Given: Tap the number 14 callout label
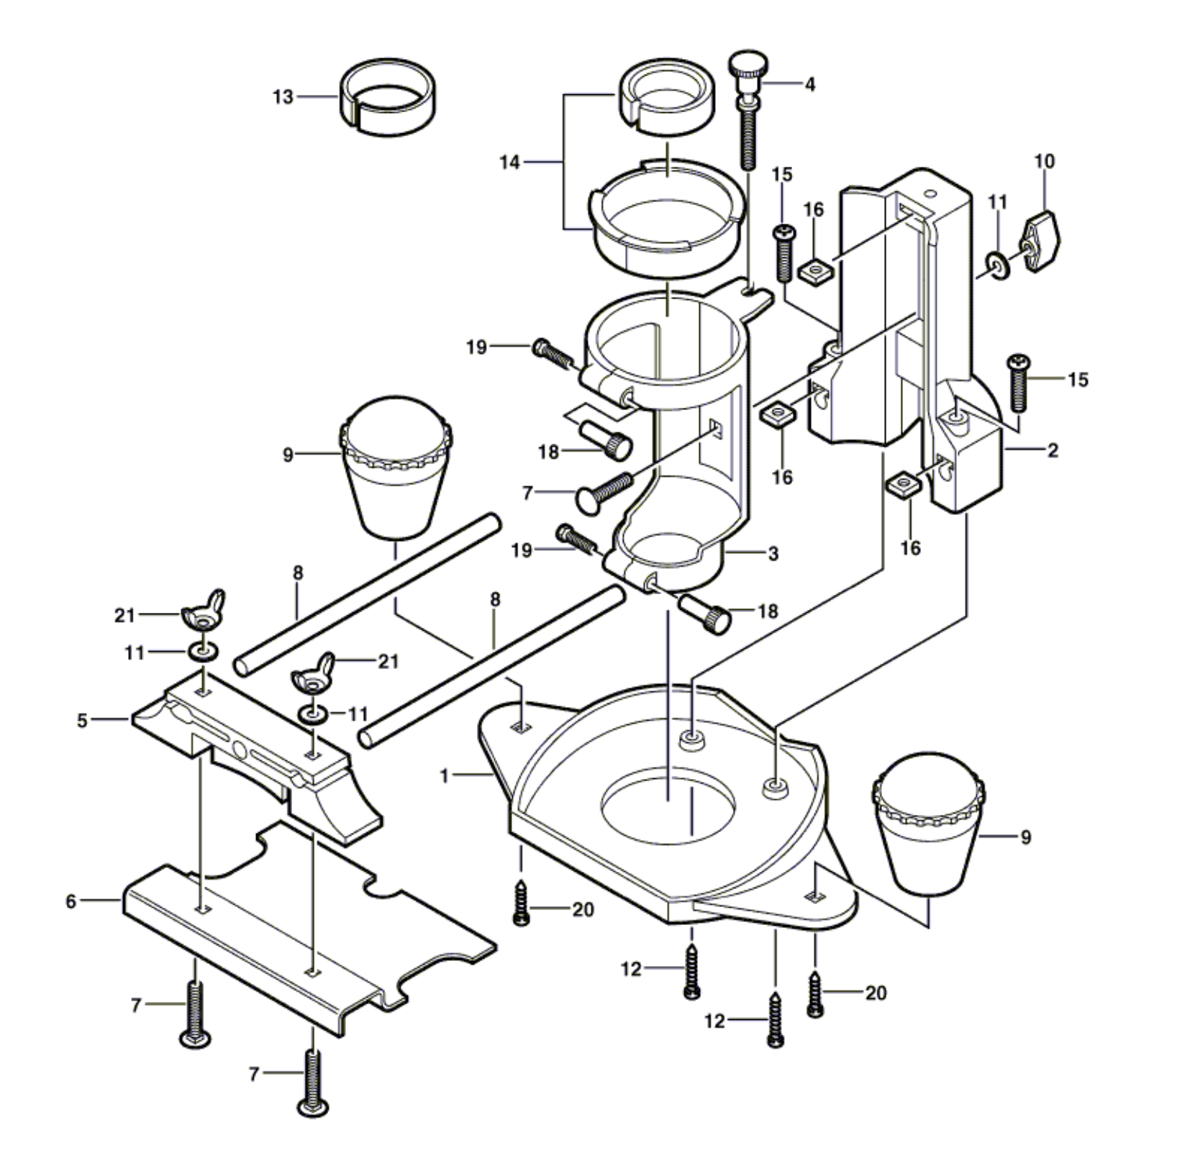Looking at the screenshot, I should [x=509, y=163].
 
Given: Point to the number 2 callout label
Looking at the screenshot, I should [x=1053, y=451].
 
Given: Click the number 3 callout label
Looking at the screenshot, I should [x=773, y=553].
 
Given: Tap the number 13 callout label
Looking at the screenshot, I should [x=283, y=96].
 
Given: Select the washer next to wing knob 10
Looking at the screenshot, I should [x=997, y=266].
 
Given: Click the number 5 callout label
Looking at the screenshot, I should [x=83, y=719].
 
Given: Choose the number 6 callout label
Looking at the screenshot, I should [x=71, y=901].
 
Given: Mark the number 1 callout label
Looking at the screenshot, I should [x=445, y=776].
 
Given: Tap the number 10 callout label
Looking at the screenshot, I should [x=1045, y=161].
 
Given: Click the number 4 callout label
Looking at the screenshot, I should [x=810, y=85].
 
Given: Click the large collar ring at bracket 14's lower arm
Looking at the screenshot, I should [x=666, y=219].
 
